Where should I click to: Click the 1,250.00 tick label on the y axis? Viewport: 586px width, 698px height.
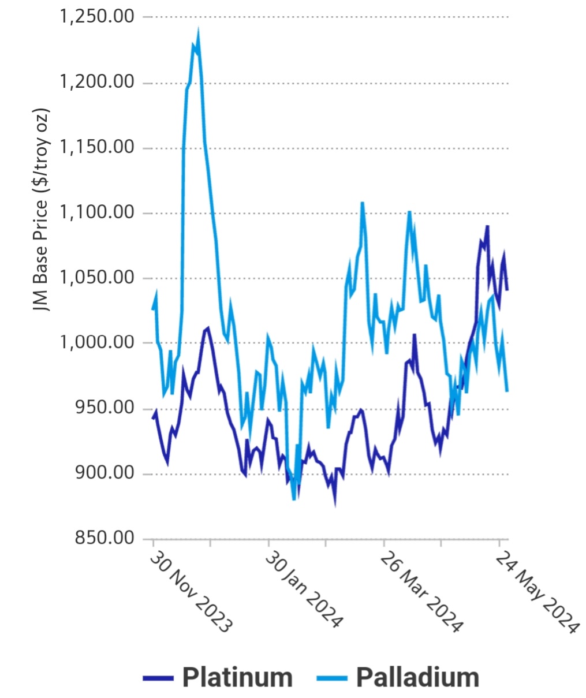tap(96, 16)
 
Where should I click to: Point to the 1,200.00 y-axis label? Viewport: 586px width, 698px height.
tap(96, 82)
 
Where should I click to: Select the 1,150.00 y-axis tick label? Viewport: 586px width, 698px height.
tap(96, 147)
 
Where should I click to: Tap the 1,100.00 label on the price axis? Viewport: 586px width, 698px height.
tap(96, 212)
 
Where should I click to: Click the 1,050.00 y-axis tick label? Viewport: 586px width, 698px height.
tap(96, 278)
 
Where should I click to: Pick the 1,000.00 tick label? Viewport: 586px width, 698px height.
tap(96, 343)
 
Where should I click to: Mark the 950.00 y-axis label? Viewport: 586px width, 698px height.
tap(104, 408)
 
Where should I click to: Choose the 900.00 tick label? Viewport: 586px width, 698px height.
tap(104, 473)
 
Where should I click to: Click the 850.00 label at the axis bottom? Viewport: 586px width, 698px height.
tap(104, 539)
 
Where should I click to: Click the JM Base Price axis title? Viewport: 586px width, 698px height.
tap(41, 210)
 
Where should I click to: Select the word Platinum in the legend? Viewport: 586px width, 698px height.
tap(237, 677)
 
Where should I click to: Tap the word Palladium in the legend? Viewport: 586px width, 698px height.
tap(417, 677)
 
